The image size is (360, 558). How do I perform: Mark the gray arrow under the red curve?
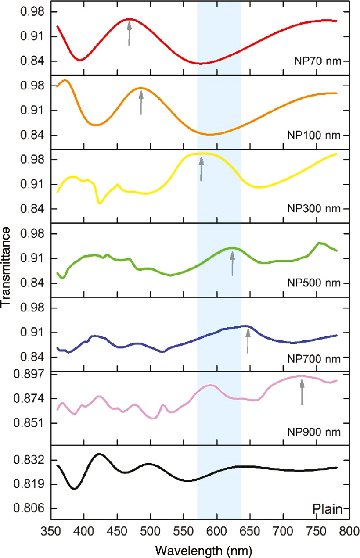pos(129,33)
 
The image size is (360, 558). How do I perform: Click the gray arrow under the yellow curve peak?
pos(201,169)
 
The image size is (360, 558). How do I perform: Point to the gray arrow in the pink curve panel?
pos(302,392)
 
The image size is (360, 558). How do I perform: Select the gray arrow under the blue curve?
pos(248,341)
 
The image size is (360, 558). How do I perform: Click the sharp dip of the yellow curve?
pos(100,203)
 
